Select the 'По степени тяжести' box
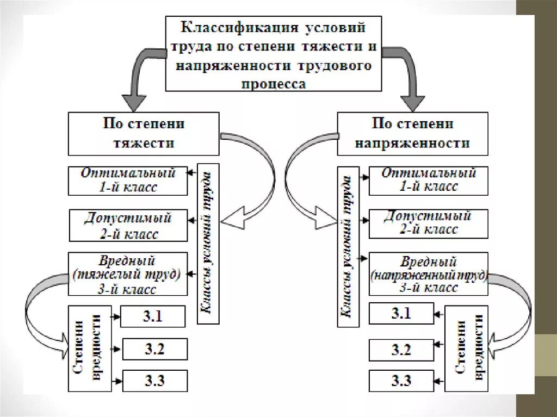[x=144, y=134]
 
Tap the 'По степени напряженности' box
[x=412, y=134]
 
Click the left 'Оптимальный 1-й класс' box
[x=128, y=181]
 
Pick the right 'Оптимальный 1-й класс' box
[x=428, y=181]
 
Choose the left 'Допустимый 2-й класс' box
[x=128, y=226]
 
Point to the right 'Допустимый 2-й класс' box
[x=428, y=223]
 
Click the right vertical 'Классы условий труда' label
[x=348, y=247]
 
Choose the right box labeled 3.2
[x=401, y=350]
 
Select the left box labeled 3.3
[x=154, y=381]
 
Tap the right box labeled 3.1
[x=401, y=314]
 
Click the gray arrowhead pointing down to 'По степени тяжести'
[x=134, y=102]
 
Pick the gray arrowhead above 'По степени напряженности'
[x=413, y=102]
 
